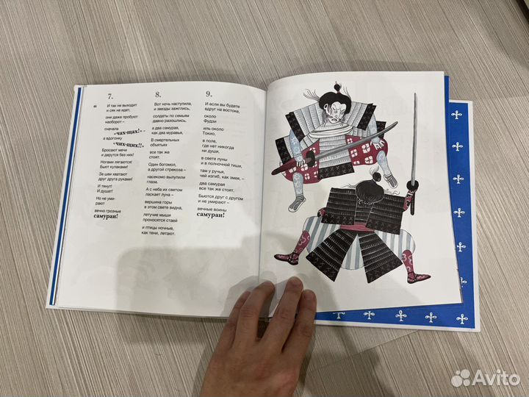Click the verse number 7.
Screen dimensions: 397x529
[109, 95]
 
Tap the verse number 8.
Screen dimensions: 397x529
[157, 94]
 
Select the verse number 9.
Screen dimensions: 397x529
[209, 94]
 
